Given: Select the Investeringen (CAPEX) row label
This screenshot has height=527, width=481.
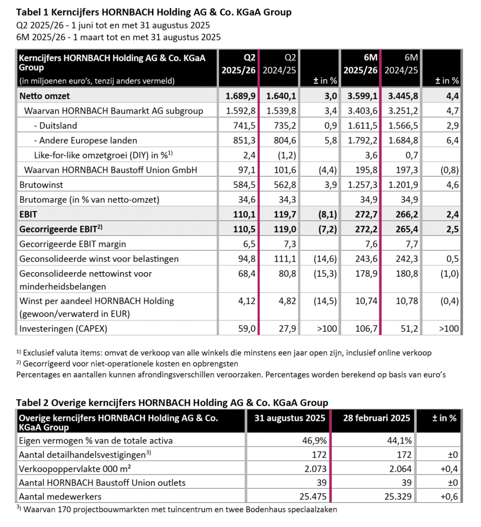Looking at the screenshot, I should coord(63,328).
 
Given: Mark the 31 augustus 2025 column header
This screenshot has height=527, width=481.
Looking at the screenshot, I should coord(290,418).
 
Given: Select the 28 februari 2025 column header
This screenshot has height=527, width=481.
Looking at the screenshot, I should coord(377,418).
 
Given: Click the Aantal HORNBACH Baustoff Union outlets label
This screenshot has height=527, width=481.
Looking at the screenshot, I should coord(101,482).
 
